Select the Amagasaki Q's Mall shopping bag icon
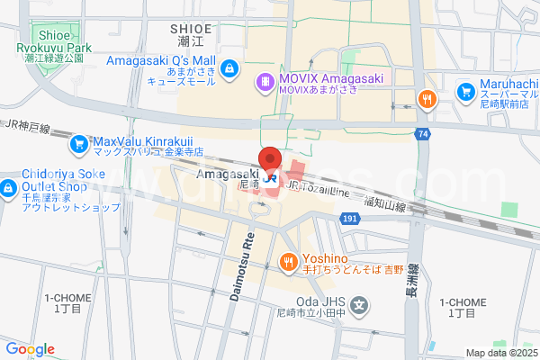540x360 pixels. tap(229, 67)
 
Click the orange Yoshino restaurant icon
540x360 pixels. tap(288, 262)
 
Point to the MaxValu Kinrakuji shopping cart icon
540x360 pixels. tap(78, 142)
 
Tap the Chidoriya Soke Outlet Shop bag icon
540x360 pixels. tap(8, 188)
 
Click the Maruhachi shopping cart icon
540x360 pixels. tap(466, 91)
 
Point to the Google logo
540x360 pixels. tap(30, 349)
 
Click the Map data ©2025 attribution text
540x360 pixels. tap(500, 353)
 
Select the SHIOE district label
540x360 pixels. tap(192, 30)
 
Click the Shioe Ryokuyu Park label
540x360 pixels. tap(53, 40)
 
